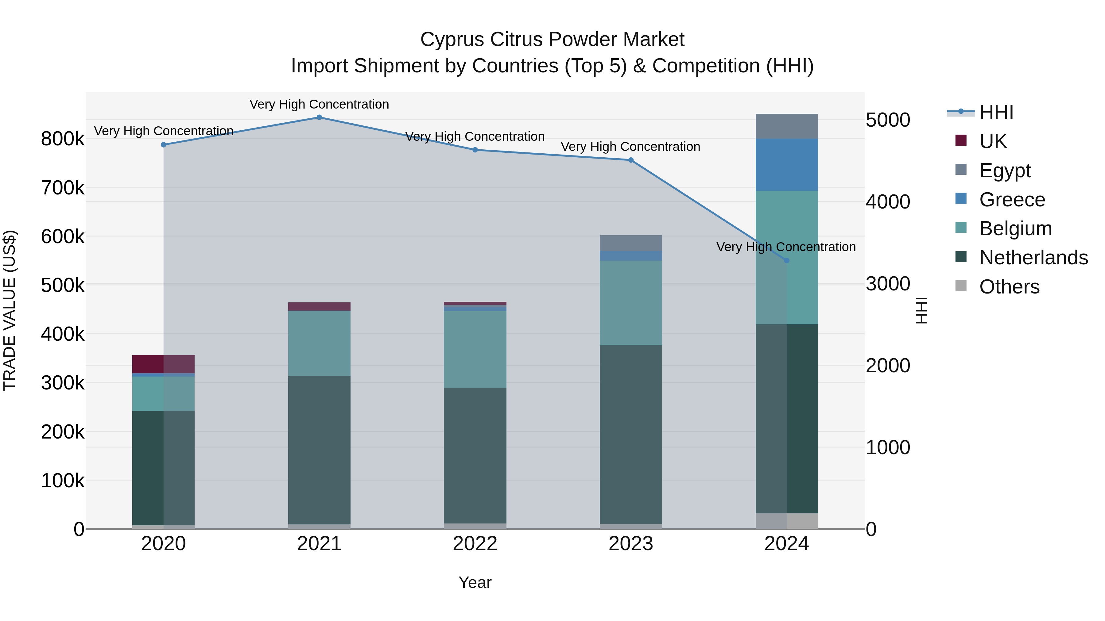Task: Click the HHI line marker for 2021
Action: [319, 117]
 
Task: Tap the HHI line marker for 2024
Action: [786, 260]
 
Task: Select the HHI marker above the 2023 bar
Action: [630, 160]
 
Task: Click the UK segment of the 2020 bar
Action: [163, 364]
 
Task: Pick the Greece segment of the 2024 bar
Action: [786, 165]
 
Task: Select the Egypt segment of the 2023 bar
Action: [630, 243]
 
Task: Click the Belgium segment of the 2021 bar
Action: [319, 343]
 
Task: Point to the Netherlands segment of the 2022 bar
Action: [475, 455]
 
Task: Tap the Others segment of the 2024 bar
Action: [786, 521]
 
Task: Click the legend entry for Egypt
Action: [1005, 170]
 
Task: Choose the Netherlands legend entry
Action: [1033, 258]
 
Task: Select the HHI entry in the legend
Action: [996, 112]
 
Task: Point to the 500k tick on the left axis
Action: [63, 285]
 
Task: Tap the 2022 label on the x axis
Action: [475, 544]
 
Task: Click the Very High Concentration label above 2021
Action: [319, 104]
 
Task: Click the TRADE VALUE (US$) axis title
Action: [10, 310]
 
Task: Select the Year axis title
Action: [475, 582]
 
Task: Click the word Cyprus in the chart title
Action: [452, 40]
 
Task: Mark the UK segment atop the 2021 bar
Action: [319, 306]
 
